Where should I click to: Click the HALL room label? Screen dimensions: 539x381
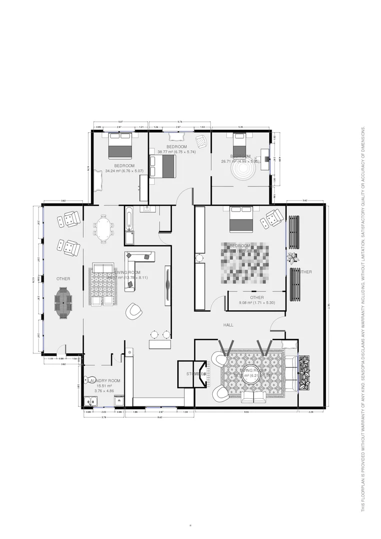coord(228,325)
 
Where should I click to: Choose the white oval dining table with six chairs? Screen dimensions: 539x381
coord(103,229)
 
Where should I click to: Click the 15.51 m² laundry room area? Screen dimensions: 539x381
coord(104,386)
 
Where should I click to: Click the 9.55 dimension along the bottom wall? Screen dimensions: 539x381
coord(246,412)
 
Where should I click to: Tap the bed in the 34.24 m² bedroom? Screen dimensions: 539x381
coord(120,145)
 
